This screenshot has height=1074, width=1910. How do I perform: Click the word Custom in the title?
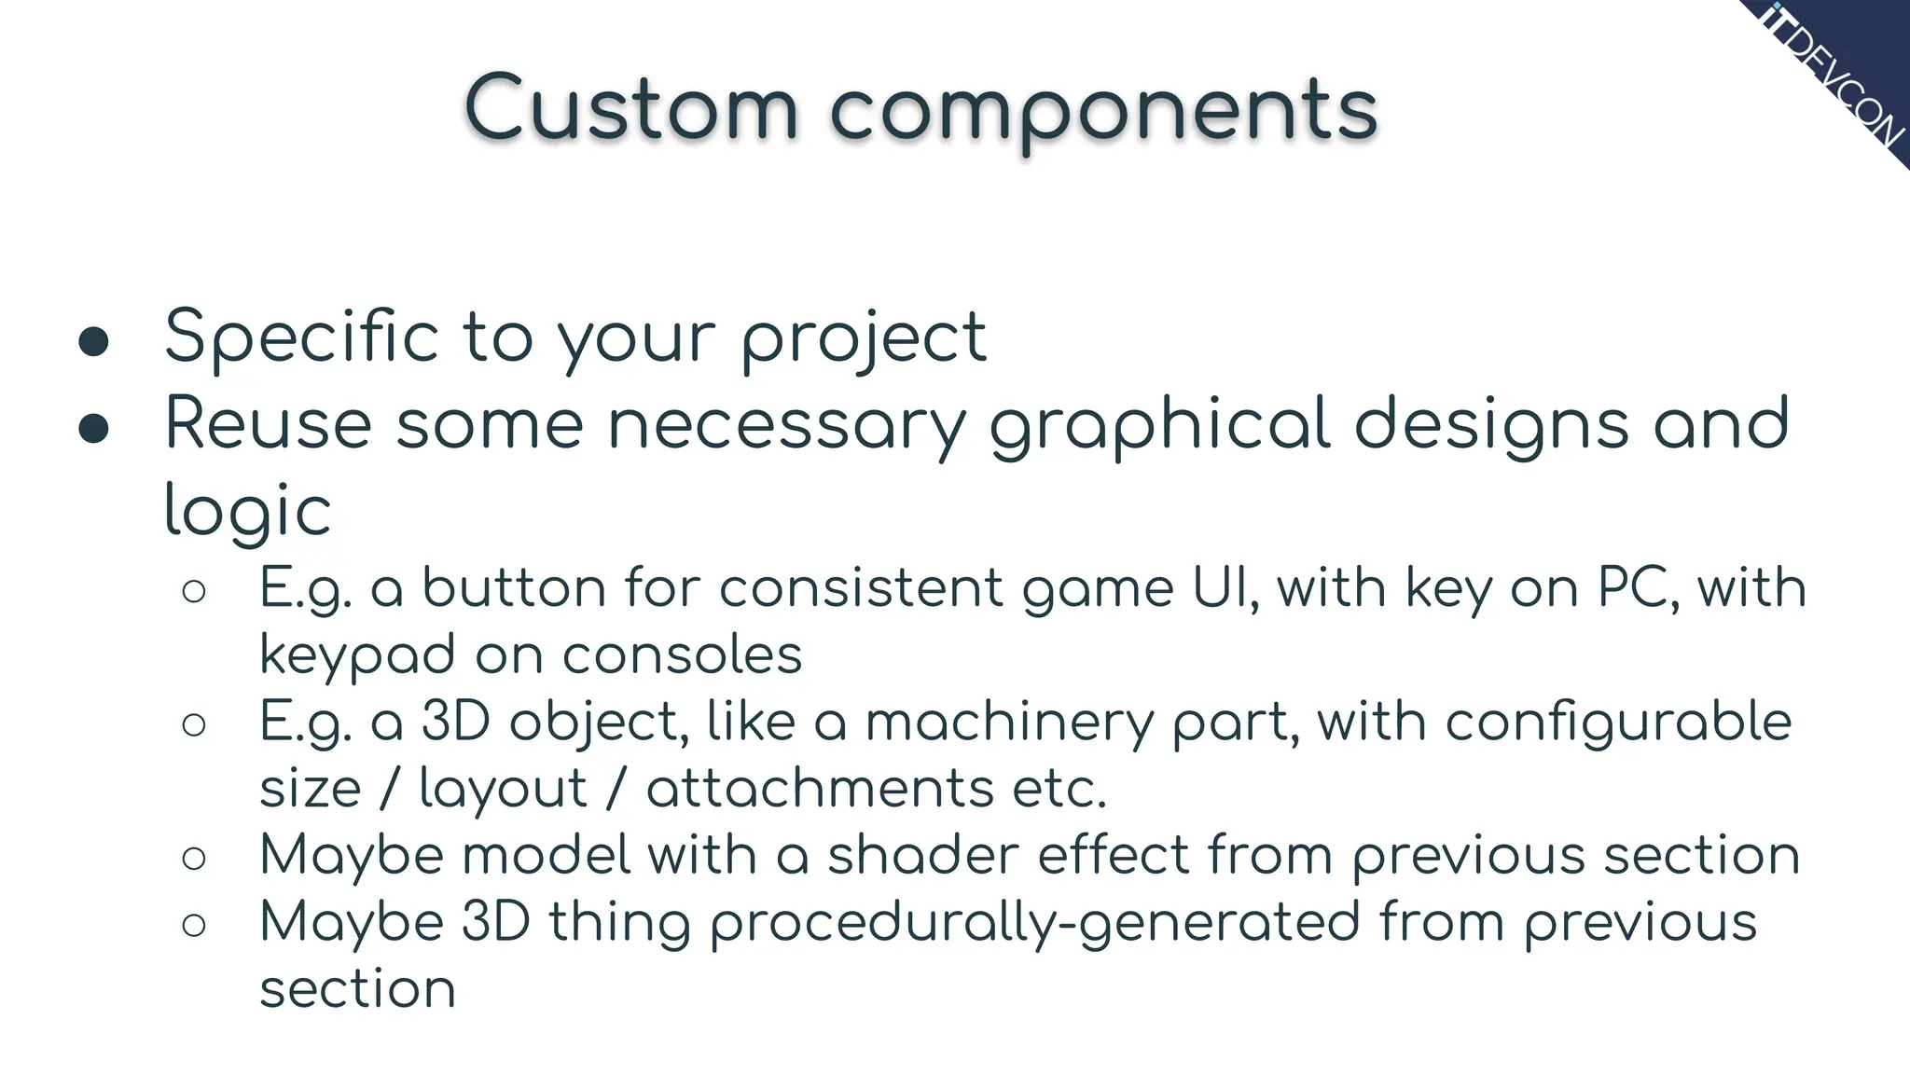pyautogui.click(x=631, y=110)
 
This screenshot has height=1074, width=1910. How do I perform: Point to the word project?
pyautogui.click(x=864, y=339)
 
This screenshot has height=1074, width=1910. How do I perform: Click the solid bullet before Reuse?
pyautogui.click(x=94, y=428)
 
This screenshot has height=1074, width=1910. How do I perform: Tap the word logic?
pyautogui.click(x=247, y=513)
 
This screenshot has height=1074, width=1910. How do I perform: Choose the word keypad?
pyautogui.click(x=357, y=656)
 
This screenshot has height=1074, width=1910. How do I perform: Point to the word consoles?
pyautogui.click(x=682, y=654)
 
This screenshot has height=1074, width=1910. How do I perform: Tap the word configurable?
pyautogui.click(x=1618, y=723)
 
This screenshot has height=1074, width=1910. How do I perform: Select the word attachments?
pyautogui.click(x=820, y=789)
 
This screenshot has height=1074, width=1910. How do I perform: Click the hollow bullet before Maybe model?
pyautogui.click(x=194, y=858)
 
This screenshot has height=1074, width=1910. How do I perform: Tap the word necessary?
pyautogui.click(x=787, y=426)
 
